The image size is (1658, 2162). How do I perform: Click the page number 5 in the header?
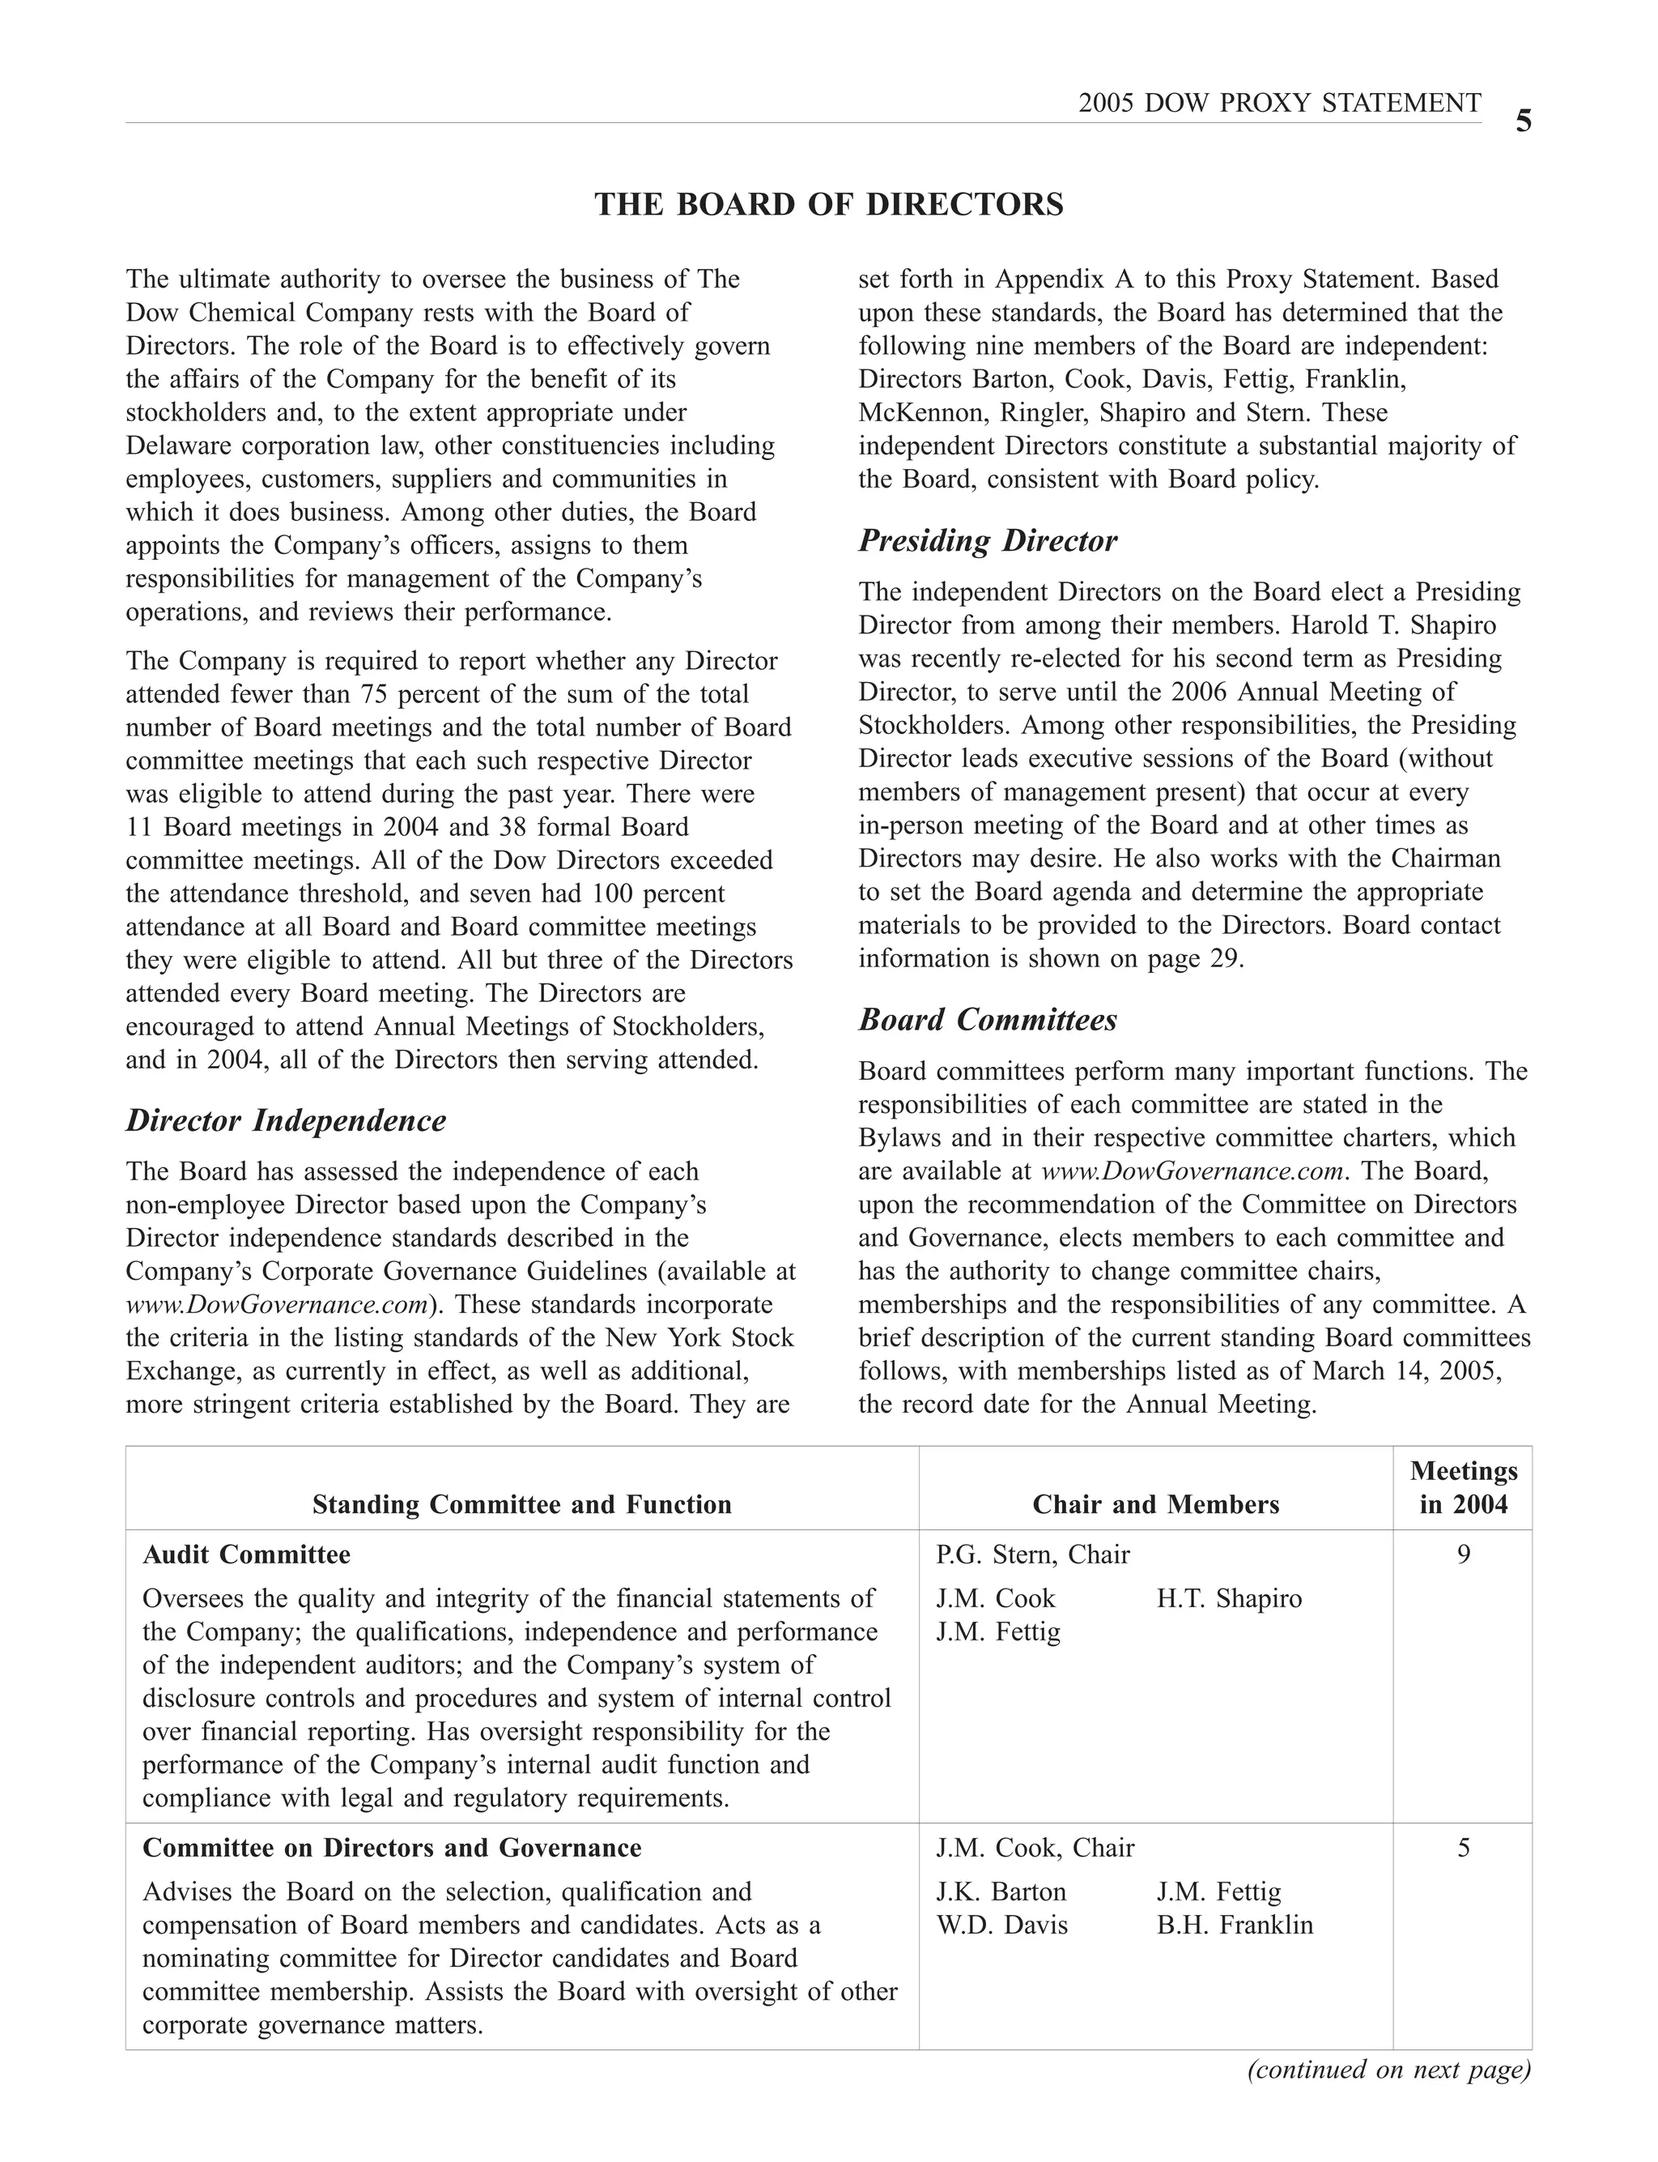point(1523,122)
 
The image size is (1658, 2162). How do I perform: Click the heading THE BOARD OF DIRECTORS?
point(829,204)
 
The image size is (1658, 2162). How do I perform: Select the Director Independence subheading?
point(287,1120)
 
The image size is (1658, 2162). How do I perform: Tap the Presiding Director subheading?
point(987,540)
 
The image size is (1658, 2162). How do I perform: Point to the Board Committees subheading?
point(987,1019)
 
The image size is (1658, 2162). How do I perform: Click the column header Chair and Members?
point(1156,1503)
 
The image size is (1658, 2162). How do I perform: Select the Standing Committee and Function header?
point(522,1503)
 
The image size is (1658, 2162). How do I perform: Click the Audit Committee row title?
point(247,1554)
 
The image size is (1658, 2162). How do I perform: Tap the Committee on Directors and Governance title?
point(392,1847)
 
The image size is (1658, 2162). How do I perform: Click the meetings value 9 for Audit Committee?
point(1463,1554)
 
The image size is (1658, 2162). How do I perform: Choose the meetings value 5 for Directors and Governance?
point(1463,1847)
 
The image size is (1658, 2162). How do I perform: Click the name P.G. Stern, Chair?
point(1032,1554)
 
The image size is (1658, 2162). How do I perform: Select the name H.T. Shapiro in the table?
point(1229,1598)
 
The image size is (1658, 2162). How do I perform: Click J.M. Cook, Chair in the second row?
point(1035,1847)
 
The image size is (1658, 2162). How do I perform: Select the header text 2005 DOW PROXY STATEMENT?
point(1279,103)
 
